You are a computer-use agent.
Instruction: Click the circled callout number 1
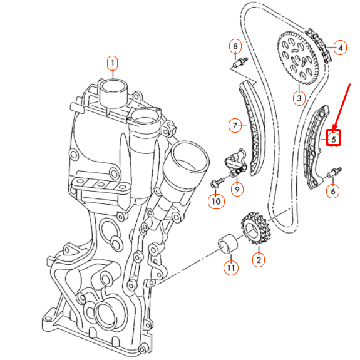pyautogui.click(x=112, y=63)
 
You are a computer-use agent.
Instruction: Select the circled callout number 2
pyautogui.click(x=257, y=258)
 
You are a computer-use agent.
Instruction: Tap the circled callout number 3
pyautogui.click(x=299, y=98)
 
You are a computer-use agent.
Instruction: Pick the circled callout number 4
pyautogui.click(x=340, y=48)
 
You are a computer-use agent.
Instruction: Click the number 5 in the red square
pyautogui.click(x=334, y=138)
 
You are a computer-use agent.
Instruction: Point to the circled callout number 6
pyautogui.click(x=333, y=191)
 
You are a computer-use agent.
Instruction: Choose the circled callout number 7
pyautogui.click(x=235, y=126)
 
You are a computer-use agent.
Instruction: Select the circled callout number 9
pyautogui.click(x=237, y=188)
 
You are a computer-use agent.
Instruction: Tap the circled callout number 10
pyautogui.click(x=215, y=202)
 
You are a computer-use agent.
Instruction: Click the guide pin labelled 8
pyautogui.click(x=239, y=62)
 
